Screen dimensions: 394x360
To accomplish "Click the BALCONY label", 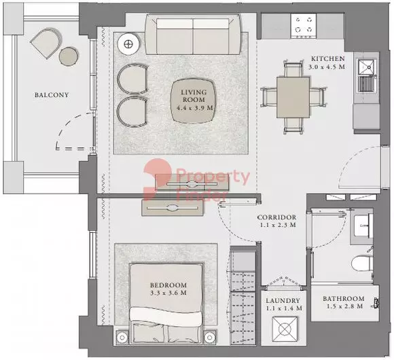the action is tap(52, 95).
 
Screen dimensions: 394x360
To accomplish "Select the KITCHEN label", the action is tap(328, 59).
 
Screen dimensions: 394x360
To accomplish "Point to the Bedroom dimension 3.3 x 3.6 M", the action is tap(168, 293).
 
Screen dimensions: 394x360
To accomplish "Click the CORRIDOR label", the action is tap(276, 217).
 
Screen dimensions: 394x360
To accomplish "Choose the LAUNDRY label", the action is tap(283, 300).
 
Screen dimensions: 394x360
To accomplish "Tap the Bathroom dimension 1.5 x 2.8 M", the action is tap(345, 306).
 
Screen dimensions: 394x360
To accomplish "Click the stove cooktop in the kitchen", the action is tap(304, 26).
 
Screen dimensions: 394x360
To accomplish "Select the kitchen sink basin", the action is tap(368, 67).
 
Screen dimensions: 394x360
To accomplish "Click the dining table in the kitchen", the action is tap(293, 97).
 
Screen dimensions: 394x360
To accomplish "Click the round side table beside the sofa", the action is tap(129, 44).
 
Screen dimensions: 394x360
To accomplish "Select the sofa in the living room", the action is tap(193, 34).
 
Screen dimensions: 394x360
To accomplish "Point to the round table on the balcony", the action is tap(69, 57).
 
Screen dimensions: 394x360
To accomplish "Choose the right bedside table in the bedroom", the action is tap(209, 338).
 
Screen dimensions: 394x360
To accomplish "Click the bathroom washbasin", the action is tap(363, 226).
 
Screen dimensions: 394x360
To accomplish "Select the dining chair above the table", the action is tap(293, 69).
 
